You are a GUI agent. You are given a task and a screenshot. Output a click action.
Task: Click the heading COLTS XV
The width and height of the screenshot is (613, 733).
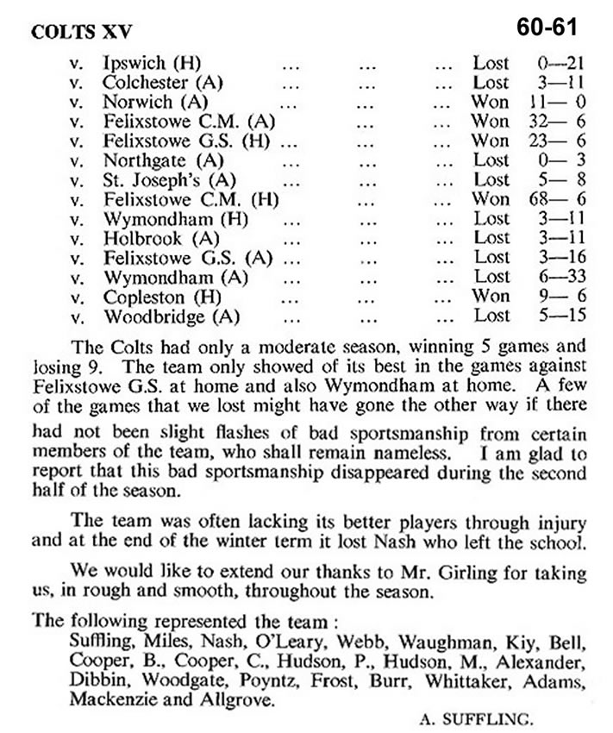coord(74,32)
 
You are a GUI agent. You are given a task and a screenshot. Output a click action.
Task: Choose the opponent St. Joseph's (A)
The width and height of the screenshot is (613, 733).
coord(158,179)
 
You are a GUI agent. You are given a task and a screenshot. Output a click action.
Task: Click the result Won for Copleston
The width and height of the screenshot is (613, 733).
coord(491,295)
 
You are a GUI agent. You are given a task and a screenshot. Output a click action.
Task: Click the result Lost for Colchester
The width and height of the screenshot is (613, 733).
coord(491,83)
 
